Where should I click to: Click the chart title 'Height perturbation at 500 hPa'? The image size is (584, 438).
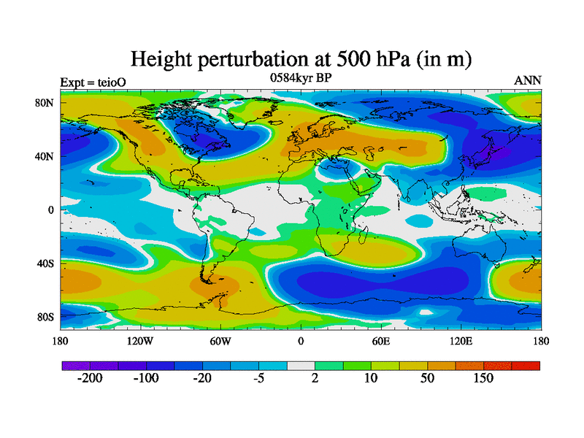(300, 58)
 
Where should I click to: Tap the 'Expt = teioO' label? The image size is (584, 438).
(93, 82)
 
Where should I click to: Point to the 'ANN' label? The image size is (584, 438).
(528, 80)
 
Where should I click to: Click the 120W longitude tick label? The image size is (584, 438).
(140, 341)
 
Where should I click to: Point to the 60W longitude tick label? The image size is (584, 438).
(220, 341)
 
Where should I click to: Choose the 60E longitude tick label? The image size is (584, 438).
(381, 341)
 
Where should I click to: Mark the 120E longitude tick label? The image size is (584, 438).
(461, 341)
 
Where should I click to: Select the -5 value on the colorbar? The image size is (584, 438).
(258, 378)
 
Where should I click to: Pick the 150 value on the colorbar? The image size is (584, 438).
(483, 378)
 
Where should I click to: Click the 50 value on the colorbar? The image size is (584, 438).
(427, 378)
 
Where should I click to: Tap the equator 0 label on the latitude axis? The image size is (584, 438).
(51, 210)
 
